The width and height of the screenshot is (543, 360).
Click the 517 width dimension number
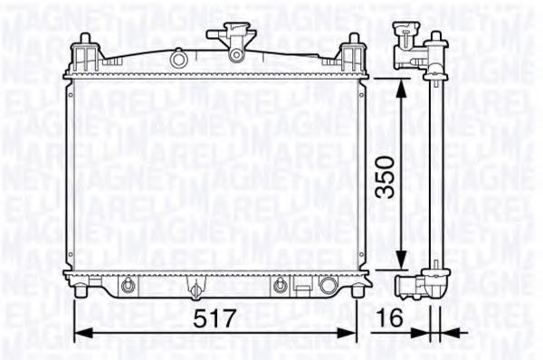pos(214,317)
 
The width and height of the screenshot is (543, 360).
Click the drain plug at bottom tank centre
pos(194,290)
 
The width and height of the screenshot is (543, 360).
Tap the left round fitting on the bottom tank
pos(129,287)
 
